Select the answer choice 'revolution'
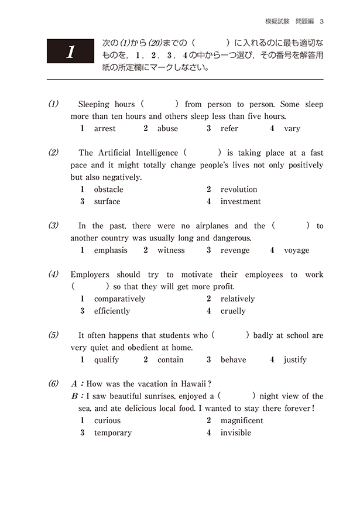[x=238, y=189]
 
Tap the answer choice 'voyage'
[x=296, y=250]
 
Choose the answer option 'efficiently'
[x=112, y=311]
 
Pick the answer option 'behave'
[x=233, y=359]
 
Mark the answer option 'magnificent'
[x=242, y=420]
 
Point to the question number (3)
[x=54, y=225]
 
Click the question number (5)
[x=54, y=335]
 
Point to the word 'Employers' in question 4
[x=91, y=274]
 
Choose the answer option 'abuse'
[x=167, y=128]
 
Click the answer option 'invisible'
[x=235, y=433]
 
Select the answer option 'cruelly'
[x=233, y=311]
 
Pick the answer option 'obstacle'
[x=108, y=189]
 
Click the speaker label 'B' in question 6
[x=74, y=396]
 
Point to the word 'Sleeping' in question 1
[x=94, y=104]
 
